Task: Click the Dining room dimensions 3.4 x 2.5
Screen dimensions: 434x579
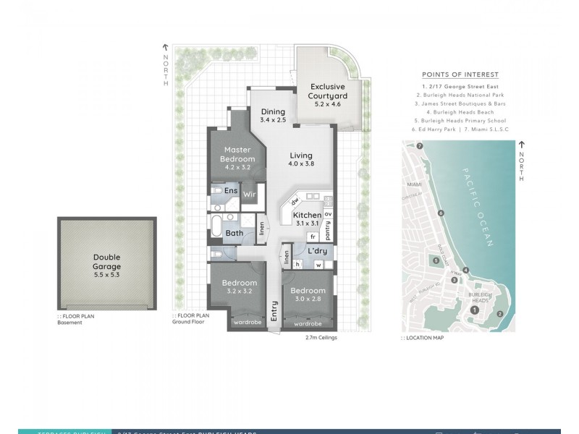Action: coord(274,120)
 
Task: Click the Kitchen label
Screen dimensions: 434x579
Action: coord(306,215)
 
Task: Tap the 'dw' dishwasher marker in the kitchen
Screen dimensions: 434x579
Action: coord(295,201)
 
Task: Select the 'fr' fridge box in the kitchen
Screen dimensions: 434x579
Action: coord(313,236)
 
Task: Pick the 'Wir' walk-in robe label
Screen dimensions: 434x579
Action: coord(249,194)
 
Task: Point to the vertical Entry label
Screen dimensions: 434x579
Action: coord(274,312)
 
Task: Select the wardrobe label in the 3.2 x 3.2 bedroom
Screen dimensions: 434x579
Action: coord(247,323)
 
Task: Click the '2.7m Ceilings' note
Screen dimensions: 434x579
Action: coord(321,337)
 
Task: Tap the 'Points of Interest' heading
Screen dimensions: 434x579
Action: coord(460,75)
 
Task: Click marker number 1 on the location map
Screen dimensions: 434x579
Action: coord(474,310)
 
